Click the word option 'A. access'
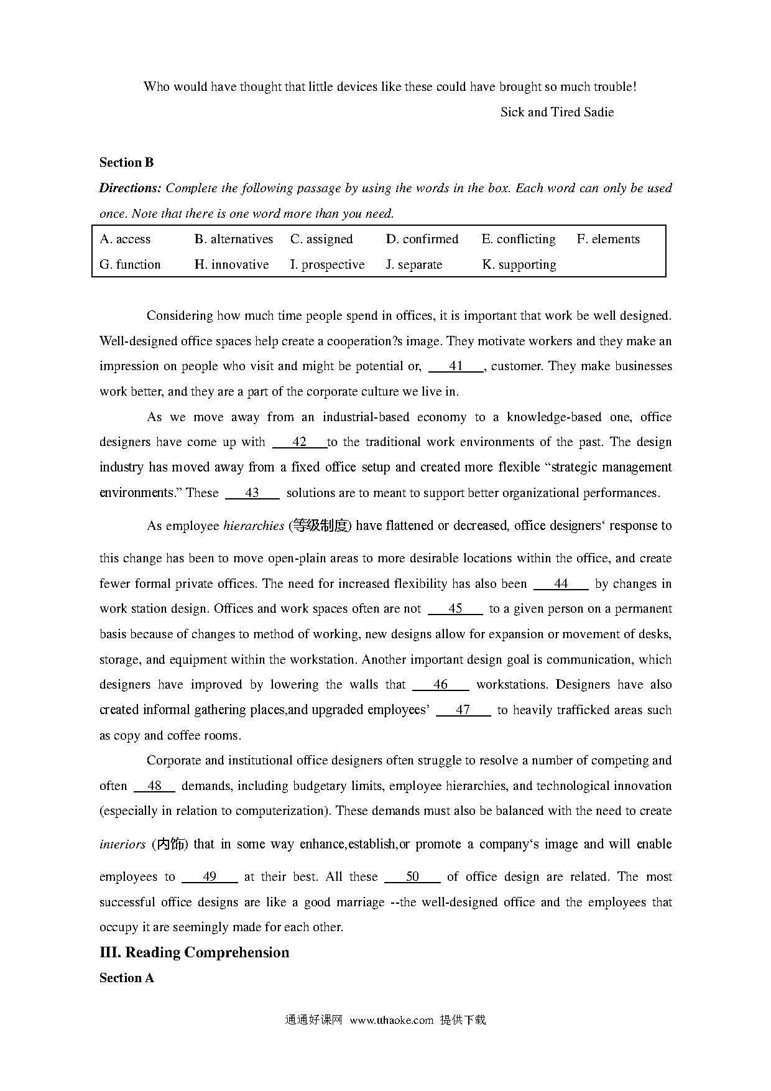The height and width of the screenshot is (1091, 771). (125, 239)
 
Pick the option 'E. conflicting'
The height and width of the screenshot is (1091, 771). (519, 239)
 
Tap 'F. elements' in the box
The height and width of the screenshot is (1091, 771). (608, 239)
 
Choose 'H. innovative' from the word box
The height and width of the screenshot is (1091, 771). (231, 265)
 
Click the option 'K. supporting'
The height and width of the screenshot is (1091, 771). (519, 265)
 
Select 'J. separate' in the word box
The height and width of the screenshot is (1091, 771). (414, 265)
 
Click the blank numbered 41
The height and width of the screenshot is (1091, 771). (456, 366)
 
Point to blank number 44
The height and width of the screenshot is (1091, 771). (561, 584)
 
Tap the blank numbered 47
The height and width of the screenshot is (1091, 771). (463, 710)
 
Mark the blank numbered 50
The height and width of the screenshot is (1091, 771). (412, 877)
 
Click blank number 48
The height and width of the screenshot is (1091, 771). (154, 786)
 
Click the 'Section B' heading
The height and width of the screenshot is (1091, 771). (126, 163)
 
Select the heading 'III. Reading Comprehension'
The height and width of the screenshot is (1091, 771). (194, 953)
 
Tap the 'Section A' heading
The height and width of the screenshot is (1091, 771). (126, 978)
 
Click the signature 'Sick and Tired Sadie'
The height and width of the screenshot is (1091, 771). (556, 113)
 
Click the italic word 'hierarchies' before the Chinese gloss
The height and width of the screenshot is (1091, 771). (253, 526)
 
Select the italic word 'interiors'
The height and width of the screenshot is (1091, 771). (122, 845)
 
